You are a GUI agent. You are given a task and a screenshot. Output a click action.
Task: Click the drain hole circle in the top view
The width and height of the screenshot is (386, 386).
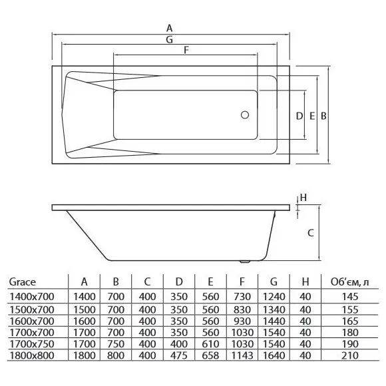pos(245,115)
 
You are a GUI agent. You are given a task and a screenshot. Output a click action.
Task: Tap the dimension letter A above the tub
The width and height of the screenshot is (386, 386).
pos(169,29)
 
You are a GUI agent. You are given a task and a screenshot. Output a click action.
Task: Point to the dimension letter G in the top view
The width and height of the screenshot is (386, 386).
pos(169,39)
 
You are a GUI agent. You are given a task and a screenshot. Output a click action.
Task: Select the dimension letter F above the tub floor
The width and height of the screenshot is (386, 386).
pos(186,50)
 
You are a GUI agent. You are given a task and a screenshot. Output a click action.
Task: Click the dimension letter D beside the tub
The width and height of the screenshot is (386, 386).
pos(299,116)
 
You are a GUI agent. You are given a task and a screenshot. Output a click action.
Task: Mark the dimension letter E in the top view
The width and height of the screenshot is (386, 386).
pos(312,116)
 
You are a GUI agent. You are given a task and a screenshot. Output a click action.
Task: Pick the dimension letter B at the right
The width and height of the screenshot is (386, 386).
pos(323,116)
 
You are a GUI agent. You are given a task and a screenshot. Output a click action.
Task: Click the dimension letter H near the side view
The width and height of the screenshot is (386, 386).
pos(303,198)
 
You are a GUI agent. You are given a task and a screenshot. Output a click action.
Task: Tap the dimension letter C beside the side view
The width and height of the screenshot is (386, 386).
pos(311,233)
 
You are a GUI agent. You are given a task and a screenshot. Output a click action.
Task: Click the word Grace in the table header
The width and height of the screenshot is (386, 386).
pos(23,282)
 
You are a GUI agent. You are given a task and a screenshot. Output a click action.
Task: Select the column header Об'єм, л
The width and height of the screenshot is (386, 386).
pos(350,282)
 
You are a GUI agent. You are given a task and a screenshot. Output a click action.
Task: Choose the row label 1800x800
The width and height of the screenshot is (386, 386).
pos(32,355)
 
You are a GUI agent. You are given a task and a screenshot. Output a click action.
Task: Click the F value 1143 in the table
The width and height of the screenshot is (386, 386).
pos(242,355)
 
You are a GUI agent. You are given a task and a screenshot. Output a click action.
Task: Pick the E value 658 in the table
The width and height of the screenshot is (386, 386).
pos(210,355)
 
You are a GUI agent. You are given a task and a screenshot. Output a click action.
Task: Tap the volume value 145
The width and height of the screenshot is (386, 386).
pos(350,297)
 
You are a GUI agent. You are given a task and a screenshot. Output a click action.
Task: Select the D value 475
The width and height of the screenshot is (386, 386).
pos(179,355)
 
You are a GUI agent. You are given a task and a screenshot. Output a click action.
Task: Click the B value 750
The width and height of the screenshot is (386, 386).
pos(116,344)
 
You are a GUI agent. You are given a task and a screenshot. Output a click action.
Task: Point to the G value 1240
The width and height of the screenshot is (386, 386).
pos(274,297)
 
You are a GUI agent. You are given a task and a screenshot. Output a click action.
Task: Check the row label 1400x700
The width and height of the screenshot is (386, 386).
pos(32,297)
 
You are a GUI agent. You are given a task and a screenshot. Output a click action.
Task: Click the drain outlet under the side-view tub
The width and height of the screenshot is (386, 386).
pos(245,262)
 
